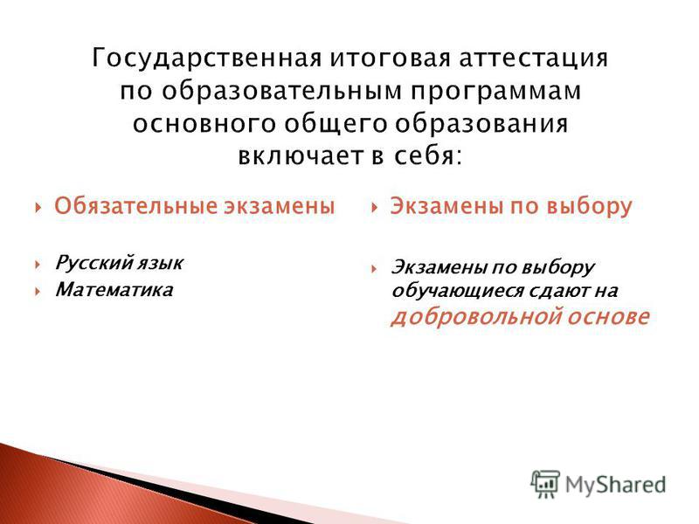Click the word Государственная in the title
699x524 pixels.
206,58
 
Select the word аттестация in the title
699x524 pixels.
534,59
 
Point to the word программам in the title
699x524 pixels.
496,92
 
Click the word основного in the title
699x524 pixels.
204,123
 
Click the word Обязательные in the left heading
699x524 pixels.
135,206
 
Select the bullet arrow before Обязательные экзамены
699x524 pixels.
38,207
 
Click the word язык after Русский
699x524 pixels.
160,264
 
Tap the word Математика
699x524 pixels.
114,290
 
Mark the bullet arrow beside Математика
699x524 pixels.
38,292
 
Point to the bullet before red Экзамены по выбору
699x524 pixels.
375,207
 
